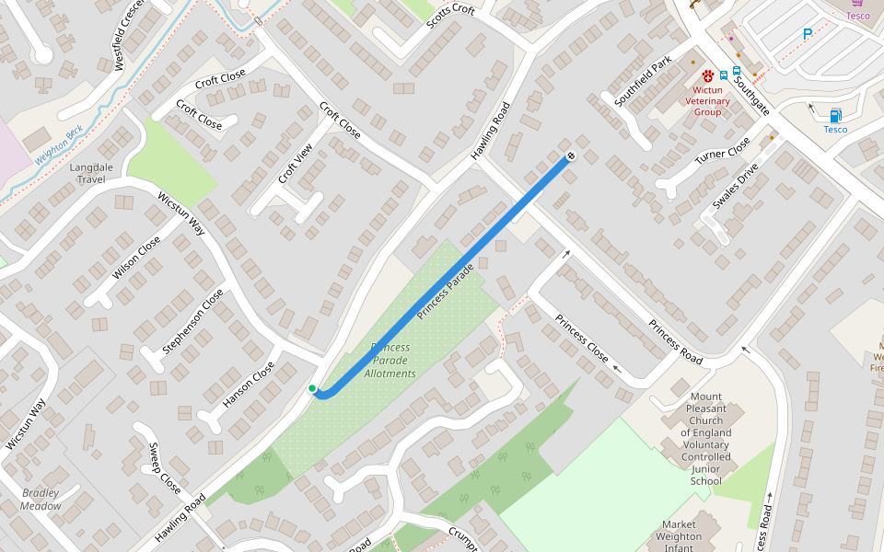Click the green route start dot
[x=312, y=389]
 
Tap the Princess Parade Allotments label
[x=390, y=361]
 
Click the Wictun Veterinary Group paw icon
[x=707, y=75]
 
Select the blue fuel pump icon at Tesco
[x=835, y=115]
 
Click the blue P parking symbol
[x=808, y=34]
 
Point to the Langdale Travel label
[x=104, y=173]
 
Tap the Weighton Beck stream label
[x=60, y=145]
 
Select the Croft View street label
[x=290, y=163]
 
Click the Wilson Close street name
[x=136, y=259]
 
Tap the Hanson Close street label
[x=249, y=385]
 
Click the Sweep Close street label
[x=165, y=466]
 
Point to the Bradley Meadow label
[x=41, y=500]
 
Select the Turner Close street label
[x=723, y=149]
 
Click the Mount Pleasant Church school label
[x=706, y=438]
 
